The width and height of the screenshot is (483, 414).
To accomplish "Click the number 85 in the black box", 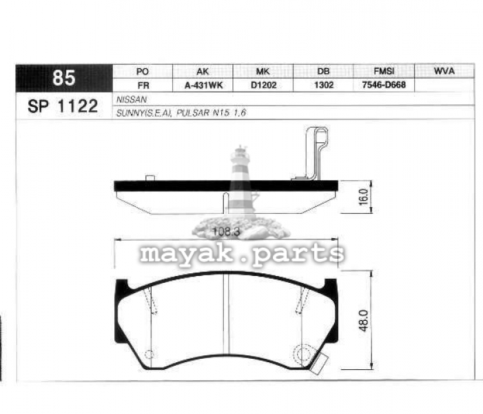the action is pyautogui.click(x=64, y=78).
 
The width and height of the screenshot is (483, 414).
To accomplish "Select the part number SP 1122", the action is pyautogui.click(x=63, y=106).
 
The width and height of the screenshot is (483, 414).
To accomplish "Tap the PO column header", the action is pyautogui.click(x=143, y=72).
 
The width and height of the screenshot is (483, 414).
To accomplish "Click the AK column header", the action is pyautogui.click(x=203, y=72).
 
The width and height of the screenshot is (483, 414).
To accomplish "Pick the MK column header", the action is pyautogui.click(x=263, y=72).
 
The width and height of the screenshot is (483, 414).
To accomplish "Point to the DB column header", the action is pyautogui.click(x=323, y=71).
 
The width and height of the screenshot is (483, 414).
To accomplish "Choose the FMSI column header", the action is pyautogui.click(x=384, y=71).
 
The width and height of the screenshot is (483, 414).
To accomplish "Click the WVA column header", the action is pyautogui.click(x=444, y=71).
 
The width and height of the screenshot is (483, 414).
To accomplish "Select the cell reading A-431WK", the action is pyautogui.click(x=204, y=85).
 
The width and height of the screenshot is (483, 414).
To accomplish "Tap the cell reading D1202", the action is pyautogui.click(x=264, y=85).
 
